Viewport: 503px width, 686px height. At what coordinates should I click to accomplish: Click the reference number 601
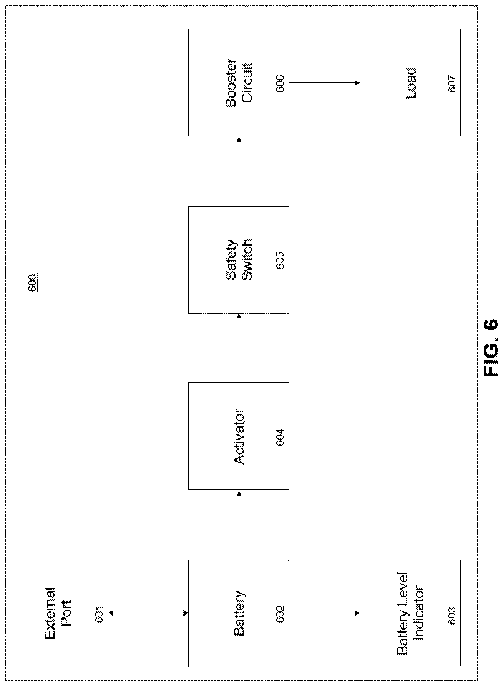point(100,614)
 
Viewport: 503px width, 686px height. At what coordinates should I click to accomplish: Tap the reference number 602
point(280,614)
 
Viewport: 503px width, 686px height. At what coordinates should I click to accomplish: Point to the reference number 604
point(280,437)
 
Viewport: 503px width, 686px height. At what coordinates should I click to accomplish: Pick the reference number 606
point(280,83)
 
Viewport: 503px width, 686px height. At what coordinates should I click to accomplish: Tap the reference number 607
point(452,83)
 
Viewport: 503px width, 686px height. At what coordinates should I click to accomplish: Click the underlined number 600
point(33,283)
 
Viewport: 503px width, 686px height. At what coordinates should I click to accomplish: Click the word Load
point(411,83)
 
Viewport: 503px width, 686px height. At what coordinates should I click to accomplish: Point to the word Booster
point(231,83)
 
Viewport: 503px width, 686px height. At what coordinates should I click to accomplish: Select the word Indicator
point(419,614)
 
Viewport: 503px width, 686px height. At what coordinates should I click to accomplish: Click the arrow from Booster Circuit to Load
point(325,83)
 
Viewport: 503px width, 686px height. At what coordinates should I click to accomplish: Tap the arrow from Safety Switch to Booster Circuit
point(239,171)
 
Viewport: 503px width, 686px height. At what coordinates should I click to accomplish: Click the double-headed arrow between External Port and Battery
point(148,613)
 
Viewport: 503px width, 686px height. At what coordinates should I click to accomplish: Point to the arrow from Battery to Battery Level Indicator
point(325,613)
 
